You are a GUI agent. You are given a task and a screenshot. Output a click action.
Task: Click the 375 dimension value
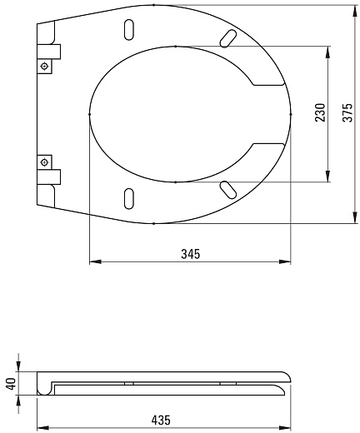[x=347, y=112]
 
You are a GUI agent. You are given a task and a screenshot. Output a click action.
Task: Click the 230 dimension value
[x=320, y=112]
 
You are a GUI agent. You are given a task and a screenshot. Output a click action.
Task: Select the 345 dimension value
[x=191, y=254]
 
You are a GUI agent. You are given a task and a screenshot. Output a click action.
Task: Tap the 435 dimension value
[x=161, y=420]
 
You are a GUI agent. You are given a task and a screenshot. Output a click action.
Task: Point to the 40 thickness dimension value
[x=12, y=383]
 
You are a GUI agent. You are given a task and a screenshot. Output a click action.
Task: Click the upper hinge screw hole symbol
[x=44, y=66]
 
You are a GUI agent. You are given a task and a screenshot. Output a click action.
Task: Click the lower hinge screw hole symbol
[x=44, y=162]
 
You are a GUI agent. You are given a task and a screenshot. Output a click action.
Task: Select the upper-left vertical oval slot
[x=129, y=30]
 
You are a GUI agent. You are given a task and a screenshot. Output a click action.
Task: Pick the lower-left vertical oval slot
[x=129, y=198]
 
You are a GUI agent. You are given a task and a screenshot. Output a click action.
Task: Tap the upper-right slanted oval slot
[x=228, y=38]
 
